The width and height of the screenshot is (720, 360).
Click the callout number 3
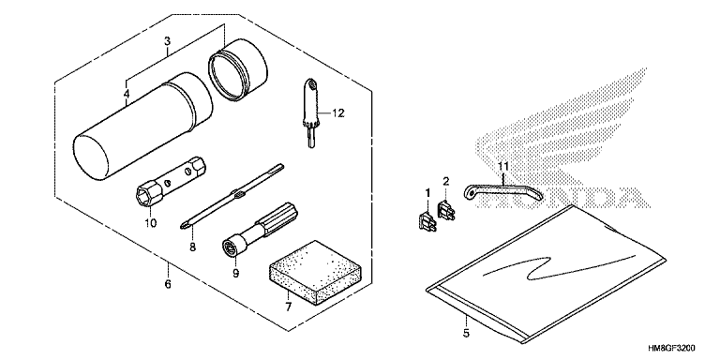pos(166,41)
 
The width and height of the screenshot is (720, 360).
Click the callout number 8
pos(192,247)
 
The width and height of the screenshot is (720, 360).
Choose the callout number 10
pos(151,222)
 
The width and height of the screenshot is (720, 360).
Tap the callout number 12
pos(339,113)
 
